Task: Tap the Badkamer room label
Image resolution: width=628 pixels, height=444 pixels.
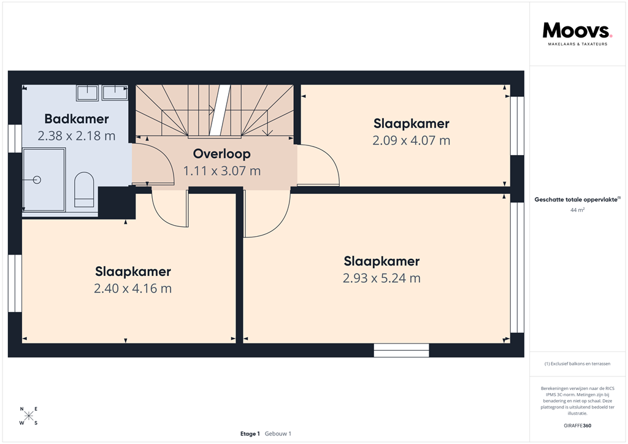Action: tap(77, 119)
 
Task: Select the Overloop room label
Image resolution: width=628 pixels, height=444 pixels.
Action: tap(221, 154)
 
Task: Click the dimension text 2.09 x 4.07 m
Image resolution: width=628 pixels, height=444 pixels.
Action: tap(411, 140)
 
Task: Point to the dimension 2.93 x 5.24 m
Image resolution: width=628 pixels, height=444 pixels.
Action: tap(381, 278)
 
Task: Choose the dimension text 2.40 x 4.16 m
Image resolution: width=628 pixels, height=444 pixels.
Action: tap(132, 288)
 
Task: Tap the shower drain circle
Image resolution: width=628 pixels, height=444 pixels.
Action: tap(36, 180)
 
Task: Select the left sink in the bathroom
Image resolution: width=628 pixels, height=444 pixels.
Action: tap(88, 93)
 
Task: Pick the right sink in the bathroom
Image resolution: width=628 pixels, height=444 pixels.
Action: tap(115, 93)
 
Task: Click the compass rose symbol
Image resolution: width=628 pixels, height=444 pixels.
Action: tap(29, 416)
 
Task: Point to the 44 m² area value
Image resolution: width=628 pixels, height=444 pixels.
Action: tap(577, 210)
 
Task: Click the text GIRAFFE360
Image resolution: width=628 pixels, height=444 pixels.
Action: tap(577, 426)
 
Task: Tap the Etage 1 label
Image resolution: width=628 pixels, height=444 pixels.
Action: tap(250, 434)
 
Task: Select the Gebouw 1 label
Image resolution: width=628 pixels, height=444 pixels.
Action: tap(278, 434)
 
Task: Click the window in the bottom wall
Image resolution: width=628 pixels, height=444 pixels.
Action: tap(402, 351)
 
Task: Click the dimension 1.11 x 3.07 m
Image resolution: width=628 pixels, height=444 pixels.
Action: tap(221, 171)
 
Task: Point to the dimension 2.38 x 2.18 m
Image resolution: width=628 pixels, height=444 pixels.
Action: tap(77, 136)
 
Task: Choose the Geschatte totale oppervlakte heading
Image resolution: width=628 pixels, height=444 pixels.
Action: tap(577, 199)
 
